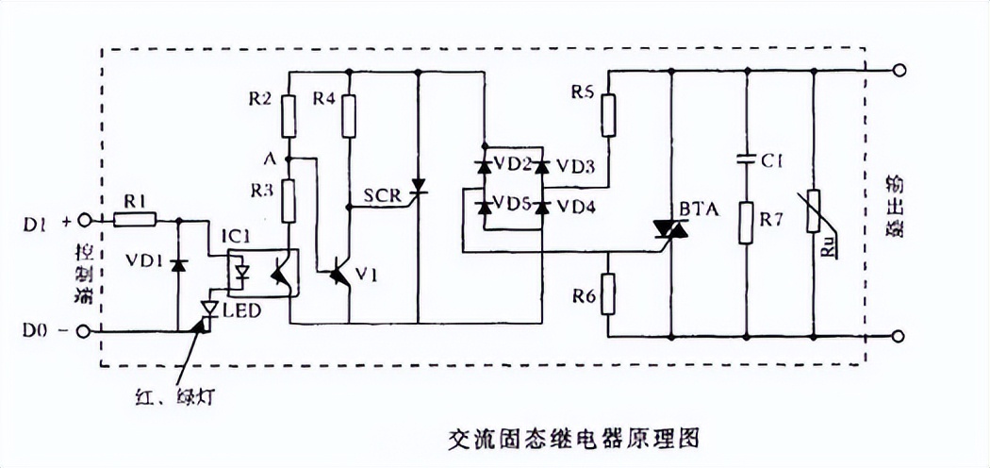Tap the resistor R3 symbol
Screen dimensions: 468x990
pyautogui.click(x=289, y=198)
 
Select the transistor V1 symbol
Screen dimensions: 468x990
pyautogui.click(x=338, y=275)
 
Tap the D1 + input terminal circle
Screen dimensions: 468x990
pyautogui.click(x=86, y=221)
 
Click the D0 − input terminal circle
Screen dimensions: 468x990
pyautogui.click(x=86, y=332)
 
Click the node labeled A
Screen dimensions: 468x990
pyautogui.click(x=289, y=158)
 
